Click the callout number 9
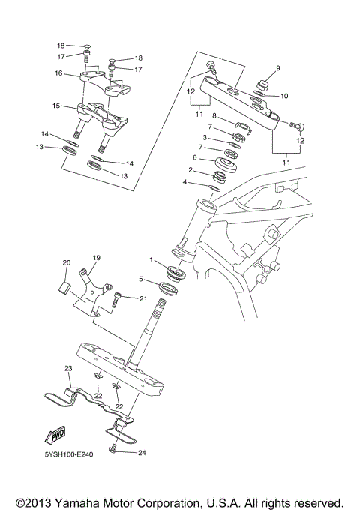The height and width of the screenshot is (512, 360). click(x=277, y=68)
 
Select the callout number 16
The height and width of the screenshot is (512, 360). click(x=57, y=73)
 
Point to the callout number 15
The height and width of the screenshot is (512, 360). click(x=57, y=106)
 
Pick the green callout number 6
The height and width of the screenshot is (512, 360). click(x=193, y=158)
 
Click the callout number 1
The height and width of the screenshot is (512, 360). click(x=151, y=260)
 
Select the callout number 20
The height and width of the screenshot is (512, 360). click(x=66, y=262)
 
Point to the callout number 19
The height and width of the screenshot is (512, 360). click(x=96, y=257)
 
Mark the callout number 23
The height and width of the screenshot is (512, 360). click(x=67, y=369)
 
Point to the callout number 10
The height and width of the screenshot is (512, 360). click(x=284, y=96)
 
